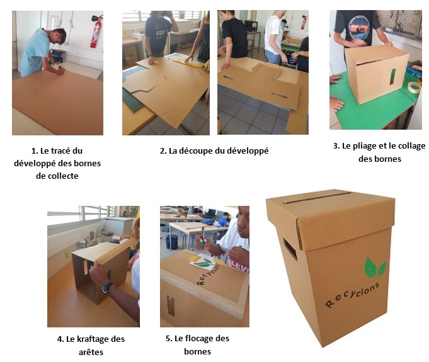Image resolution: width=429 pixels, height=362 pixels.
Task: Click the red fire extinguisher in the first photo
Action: point(96,31)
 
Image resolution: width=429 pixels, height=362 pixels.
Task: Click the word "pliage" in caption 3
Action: point(367,146)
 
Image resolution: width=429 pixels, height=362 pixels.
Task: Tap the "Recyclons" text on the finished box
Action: point(352,295)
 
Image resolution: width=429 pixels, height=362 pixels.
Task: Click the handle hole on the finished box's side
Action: point(290,249)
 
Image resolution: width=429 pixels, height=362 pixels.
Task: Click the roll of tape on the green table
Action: point(414,88)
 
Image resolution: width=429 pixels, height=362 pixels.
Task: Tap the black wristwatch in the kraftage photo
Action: point(106,288)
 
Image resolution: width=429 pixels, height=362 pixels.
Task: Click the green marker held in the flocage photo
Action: point(202,237)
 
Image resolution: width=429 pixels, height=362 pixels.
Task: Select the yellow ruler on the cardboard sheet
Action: point(188,65)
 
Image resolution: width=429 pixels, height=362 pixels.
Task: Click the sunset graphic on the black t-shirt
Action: point(358,28)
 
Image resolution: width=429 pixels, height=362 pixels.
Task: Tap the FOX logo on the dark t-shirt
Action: point(160,34)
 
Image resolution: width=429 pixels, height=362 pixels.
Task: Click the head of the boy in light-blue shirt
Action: point(58,36)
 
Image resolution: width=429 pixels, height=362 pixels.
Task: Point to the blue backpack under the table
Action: point(172,242)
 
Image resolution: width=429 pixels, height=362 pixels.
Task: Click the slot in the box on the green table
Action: point(392,77)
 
